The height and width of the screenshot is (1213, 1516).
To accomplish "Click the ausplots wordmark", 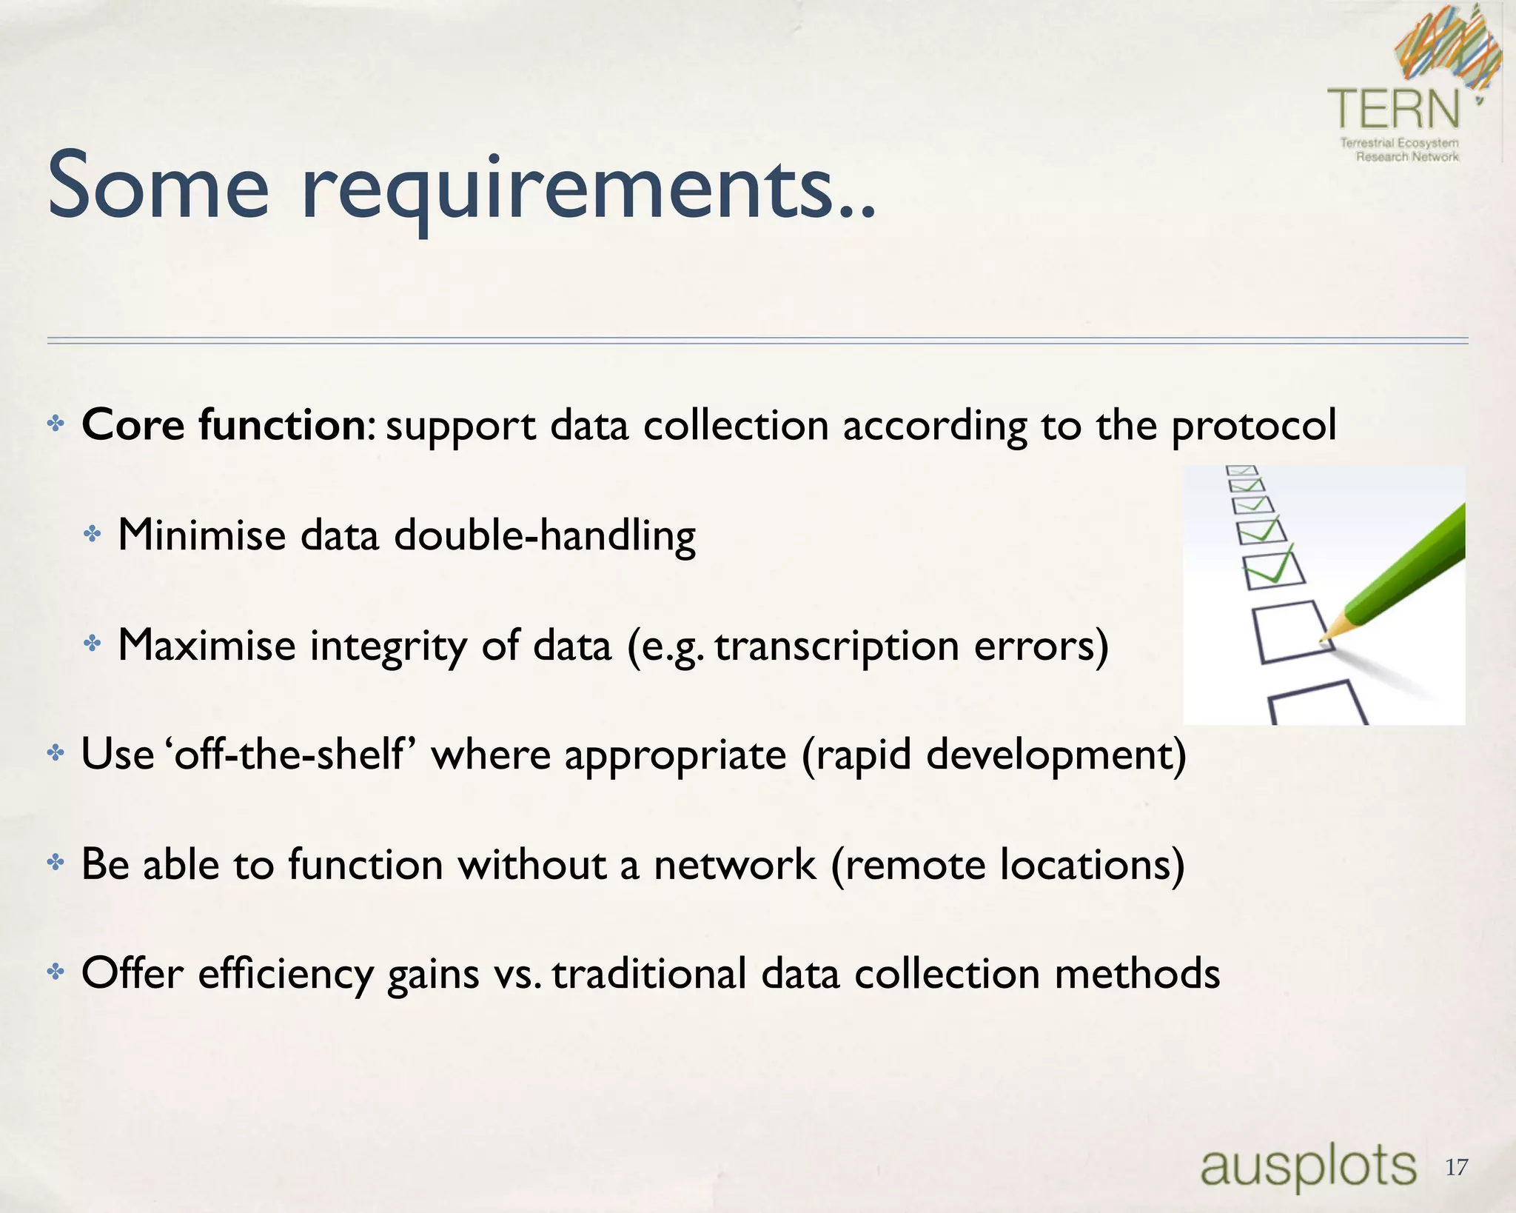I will (x=1308, y=1166).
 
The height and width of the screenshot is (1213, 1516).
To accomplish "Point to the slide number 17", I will (x=1456, y=1168).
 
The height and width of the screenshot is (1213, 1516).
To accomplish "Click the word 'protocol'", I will (x=1254, y=427).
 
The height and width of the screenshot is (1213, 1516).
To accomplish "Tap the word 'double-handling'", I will (x=545, y=535).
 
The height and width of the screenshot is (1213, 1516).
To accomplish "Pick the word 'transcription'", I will (x=837, y=646).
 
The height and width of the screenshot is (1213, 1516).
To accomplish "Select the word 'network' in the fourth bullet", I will (x=734, y=864).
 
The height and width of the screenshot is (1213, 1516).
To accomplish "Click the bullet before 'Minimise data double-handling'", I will (x=92, y=534).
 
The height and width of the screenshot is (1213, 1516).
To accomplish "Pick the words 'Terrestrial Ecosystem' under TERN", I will (x=1399, y=142).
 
